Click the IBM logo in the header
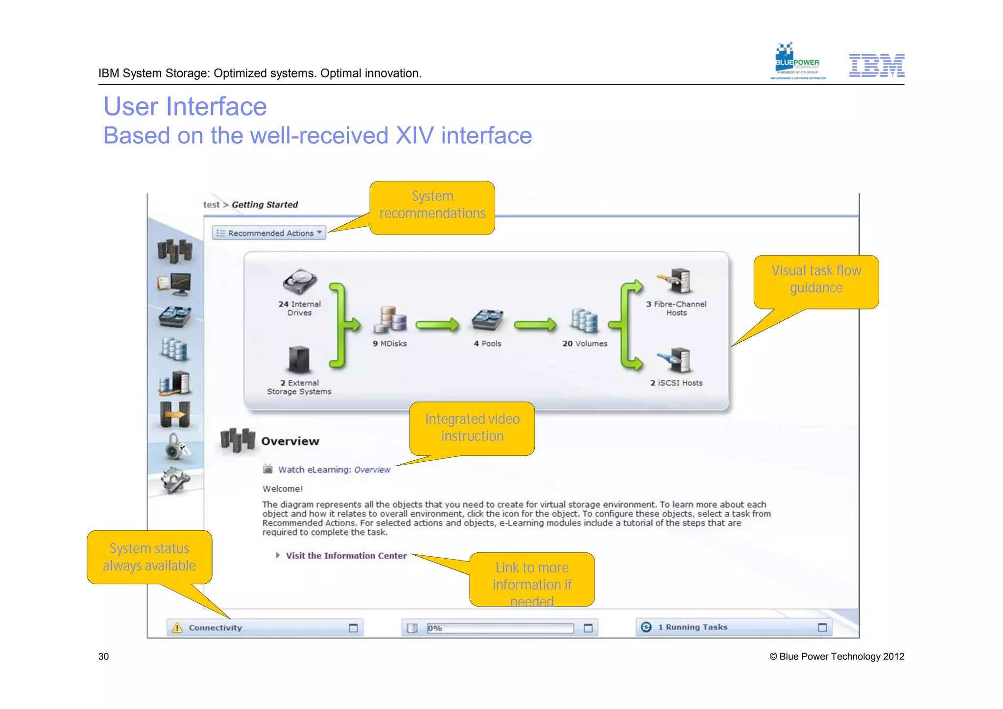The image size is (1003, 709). [x=876, y=65]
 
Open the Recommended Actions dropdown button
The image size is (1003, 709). [x=269, y=233]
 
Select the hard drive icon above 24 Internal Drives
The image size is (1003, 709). [x=300, y=282]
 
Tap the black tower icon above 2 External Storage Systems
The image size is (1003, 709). [x=299, y=360]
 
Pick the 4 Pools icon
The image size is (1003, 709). [x=487, y=320]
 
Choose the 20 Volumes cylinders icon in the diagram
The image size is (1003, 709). [x=584, y=321]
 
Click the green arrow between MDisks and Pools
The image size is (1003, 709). [x=437, y=325]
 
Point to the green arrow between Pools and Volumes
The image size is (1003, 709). [x=535, y=325]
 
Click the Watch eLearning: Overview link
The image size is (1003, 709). [x=334, y=470]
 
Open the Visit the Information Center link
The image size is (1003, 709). [x=346, y=556]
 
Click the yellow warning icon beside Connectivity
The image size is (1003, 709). [x=177, y=628]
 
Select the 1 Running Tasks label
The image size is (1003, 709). [x=692, y=627]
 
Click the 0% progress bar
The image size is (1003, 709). [x=500, y=628]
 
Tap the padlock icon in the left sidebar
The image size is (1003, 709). [x=174, y=447]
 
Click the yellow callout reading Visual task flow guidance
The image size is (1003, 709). [x=816, y=280]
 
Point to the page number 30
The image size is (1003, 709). [x=103, y=657]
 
